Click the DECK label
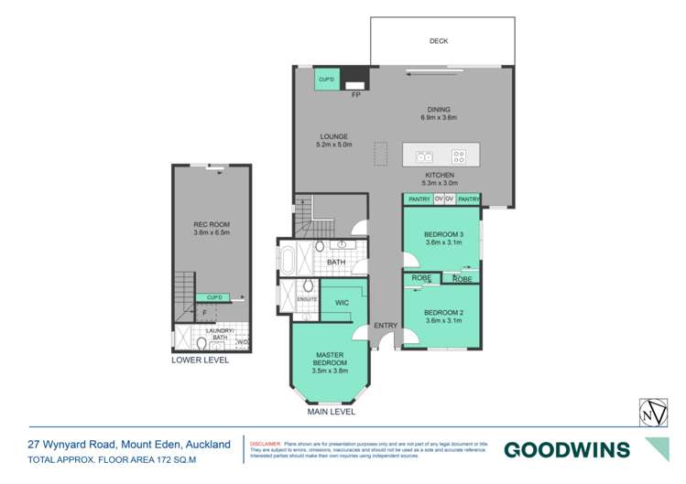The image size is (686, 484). [x=438, y=41]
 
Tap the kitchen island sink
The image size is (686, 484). [x=423, y=156]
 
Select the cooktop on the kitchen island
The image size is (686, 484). [x=458, y=156]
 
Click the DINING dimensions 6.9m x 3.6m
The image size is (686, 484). [x=438, y=118]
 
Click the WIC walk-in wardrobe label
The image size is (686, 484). [x=342, y=302]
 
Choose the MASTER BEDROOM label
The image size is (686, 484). [x=330, y=359]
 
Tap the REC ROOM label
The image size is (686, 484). [x=210, y=225]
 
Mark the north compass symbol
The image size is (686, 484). [x=651, y=414]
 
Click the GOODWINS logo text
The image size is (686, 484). [x=567, y=449]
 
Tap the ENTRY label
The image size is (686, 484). [x=386, y=326]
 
